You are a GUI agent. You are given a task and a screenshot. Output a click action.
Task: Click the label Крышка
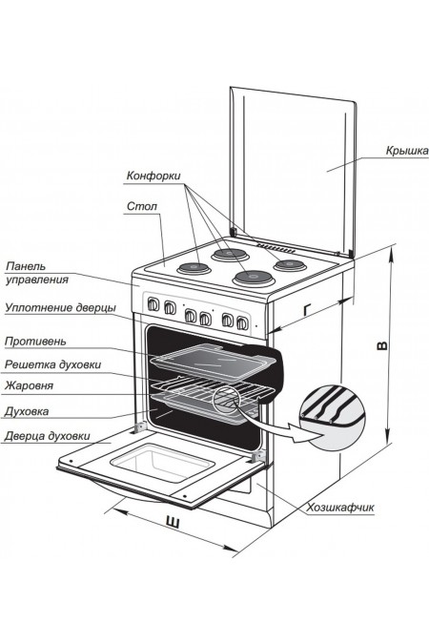(407, 151)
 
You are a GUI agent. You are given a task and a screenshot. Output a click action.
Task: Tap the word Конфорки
(153, 176)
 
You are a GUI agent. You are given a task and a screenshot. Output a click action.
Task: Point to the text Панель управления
(37, 273)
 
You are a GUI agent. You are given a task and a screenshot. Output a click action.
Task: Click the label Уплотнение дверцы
(60, 307)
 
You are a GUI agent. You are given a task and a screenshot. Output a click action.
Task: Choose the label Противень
(35, 342)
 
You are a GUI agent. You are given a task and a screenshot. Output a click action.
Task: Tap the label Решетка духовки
(52, 364)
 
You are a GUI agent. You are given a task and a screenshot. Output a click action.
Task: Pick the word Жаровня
(29, 385)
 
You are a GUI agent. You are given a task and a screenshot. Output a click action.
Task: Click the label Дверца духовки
(48, 436)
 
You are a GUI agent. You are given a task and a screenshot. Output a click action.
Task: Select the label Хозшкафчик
(340, 508)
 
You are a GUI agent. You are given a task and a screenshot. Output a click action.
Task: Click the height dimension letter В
(381, 345)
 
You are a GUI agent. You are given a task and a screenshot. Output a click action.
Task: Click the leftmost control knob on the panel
(153, 304)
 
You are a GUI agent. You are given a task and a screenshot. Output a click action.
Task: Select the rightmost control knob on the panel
(242, 323)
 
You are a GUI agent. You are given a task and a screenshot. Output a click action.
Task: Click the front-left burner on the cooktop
(194, 269)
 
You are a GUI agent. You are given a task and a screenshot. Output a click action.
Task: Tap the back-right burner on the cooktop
(290, 264)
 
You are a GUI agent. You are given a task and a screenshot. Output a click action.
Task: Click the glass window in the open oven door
(163, 463)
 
